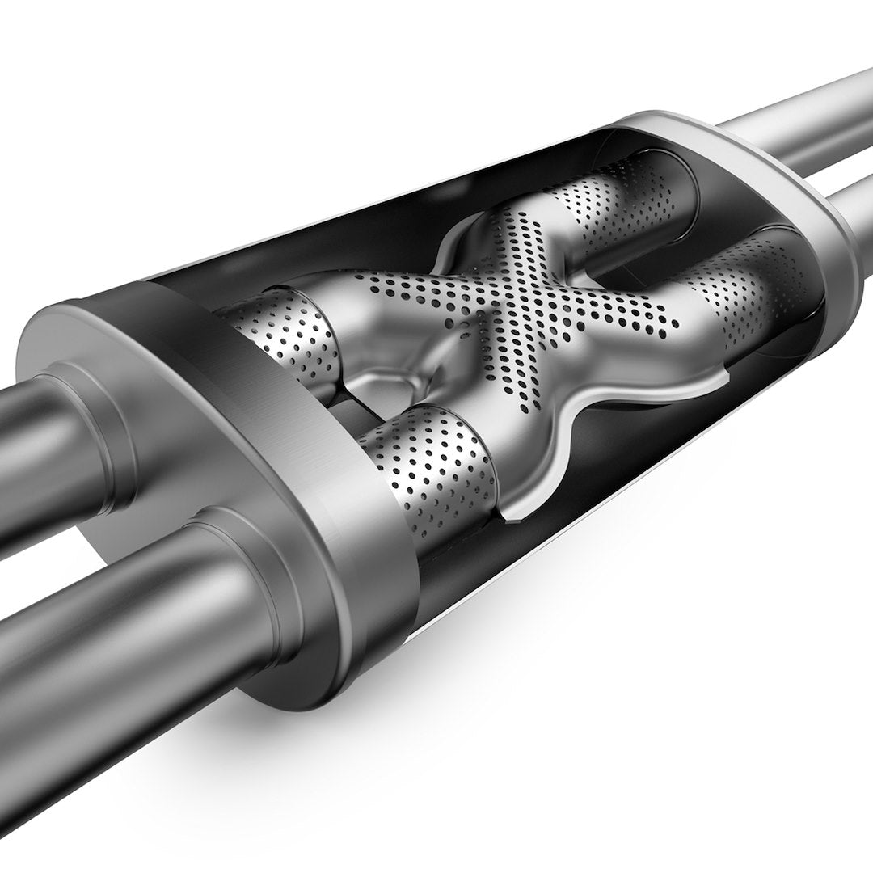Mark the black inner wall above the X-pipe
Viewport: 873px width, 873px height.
tap(364, 210)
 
